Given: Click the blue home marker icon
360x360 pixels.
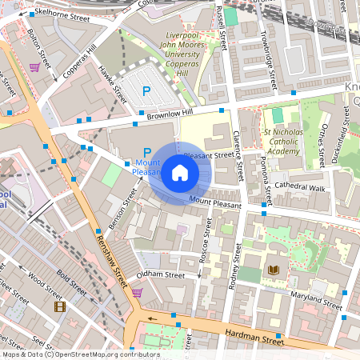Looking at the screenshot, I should point(179,173).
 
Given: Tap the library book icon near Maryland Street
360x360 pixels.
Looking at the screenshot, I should point(274,270).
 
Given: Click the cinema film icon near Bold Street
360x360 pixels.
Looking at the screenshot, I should point(58,306).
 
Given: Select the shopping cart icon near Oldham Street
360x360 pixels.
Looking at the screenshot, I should point(137,293).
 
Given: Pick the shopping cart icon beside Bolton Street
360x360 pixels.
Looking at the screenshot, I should point(34,68).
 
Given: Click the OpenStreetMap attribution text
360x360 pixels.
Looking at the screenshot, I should point(80,354).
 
